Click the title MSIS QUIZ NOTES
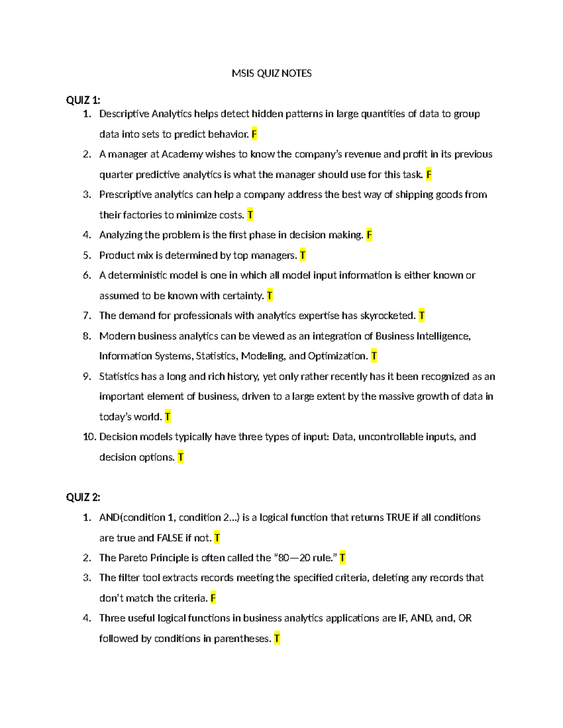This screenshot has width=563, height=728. [272, 73]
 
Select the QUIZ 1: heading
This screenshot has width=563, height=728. [83, 100]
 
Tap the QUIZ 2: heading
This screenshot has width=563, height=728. [83, 497]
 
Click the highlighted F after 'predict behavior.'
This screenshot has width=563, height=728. [254, 134]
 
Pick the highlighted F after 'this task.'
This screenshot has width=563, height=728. [429, 174]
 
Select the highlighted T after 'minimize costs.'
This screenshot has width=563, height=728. [250, 215]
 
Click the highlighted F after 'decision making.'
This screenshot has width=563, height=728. [369, 235]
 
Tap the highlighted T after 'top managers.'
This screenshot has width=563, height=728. [303, 255]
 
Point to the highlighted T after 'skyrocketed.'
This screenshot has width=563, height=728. [421, 315]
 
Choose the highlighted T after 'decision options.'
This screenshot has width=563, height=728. [181, 457]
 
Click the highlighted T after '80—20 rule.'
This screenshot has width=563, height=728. [342, 558]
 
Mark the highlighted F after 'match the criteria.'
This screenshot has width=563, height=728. [213, 598]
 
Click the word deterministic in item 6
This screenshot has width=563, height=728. [138, 275]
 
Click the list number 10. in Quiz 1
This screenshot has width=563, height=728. [89, 437]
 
